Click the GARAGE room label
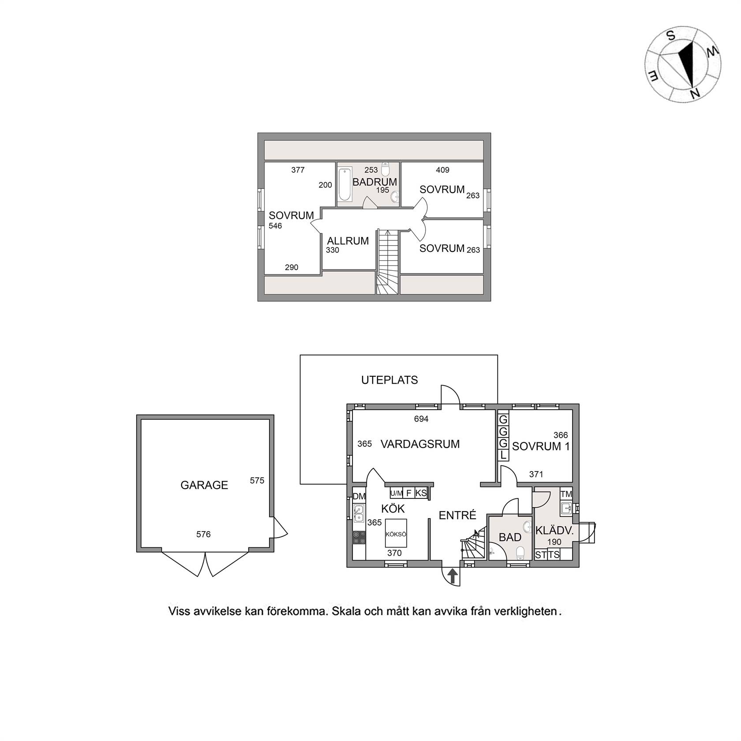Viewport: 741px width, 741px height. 204,485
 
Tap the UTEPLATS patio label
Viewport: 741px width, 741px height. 389,380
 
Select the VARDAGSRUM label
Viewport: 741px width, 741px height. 420,444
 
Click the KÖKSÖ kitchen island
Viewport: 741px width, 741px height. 396,533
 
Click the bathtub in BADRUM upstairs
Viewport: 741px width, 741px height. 344,184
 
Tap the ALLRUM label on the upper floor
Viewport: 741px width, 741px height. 348,241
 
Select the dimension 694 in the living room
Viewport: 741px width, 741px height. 421,419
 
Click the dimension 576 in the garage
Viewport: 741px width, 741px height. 203,535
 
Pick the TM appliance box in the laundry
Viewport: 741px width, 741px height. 566,494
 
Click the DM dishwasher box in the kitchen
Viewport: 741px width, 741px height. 359,496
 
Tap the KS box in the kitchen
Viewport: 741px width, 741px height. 421,493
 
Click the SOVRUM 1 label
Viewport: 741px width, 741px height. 541,446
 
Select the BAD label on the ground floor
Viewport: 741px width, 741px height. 510,538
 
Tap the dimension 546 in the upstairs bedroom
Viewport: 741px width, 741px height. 275,226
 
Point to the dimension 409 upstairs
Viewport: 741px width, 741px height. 442,170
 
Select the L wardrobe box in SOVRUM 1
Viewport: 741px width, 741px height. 503,455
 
